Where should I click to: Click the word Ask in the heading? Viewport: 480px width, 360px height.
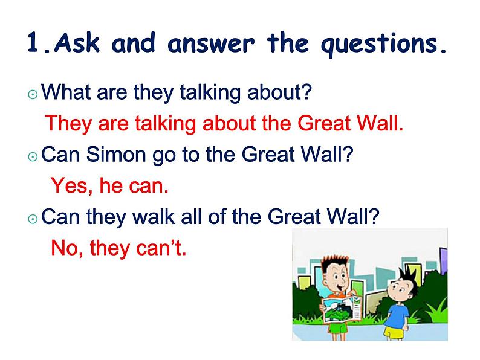77,42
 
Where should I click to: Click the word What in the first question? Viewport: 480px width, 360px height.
66,91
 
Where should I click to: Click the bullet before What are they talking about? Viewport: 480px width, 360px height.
33,94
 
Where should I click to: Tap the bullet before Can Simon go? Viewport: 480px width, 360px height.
33,157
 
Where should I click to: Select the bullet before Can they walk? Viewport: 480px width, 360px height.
33,219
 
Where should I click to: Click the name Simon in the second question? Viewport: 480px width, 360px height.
115,154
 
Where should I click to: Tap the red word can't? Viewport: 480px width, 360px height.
161,248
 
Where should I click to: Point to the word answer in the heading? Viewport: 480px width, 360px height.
211,43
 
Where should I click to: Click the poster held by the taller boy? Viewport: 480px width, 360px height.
342,309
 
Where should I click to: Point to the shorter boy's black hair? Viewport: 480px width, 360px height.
407,277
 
